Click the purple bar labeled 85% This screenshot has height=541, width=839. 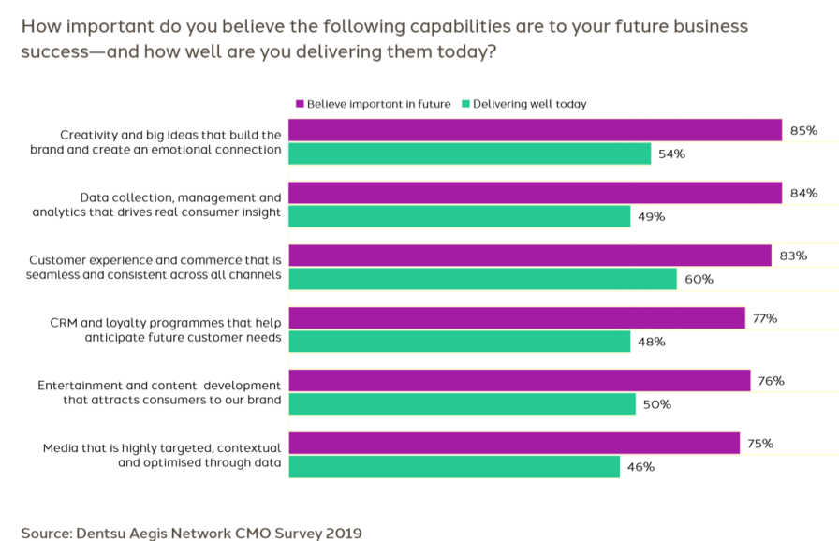tap(535, 130)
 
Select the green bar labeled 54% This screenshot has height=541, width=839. tap(469, 154)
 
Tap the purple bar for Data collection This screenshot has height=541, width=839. tap(535, 193)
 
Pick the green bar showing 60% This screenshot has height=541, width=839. tap(482, 279)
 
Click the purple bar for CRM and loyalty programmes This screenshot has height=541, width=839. tap(516, 318)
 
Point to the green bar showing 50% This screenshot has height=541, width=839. tap(462, 404)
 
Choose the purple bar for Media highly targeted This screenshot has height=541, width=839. tap(514, 444)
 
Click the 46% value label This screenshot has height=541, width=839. tap(640, 467)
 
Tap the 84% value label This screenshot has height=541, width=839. tap(803, 193)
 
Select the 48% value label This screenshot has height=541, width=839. tap(652, 342)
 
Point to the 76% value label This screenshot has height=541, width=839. tap(772, 381)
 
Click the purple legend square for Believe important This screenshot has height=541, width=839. tap(300, 104)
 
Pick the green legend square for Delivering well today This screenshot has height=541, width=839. tap(465, 104)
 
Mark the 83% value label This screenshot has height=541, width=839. tap(793, 256)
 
